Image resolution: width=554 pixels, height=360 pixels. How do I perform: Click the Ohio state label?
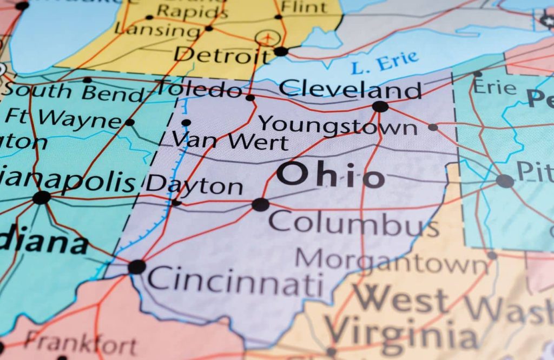coord(331,176)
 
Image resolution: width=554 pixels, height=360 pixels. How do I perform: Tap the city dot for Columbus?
coord(260,204)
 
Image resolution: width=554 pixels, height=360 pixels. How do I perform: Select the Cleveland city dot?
coord(380,106)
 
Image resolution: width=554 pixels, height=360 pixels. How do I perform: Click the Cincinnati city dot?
coord(137,266)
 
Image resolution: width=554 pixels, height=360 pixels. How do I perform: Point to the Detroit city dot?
coord(281,51)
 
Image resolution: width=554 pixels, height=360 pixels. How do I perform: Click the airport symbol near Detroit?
coord(266,38)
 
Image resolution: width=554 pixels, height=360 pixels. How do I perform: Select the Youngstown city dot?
coord(433,127)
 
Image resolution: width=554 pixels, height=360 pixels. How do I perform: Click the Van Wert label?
coord(230,142)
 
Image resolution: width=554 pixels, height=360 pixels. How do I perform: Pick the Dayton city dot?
coord(176,203)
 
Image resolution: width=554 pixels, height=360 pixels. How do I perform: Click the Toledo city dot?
coord(250,98)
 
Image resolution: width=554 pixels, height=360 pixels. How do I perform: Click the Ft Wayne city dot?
coord(129,122)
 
